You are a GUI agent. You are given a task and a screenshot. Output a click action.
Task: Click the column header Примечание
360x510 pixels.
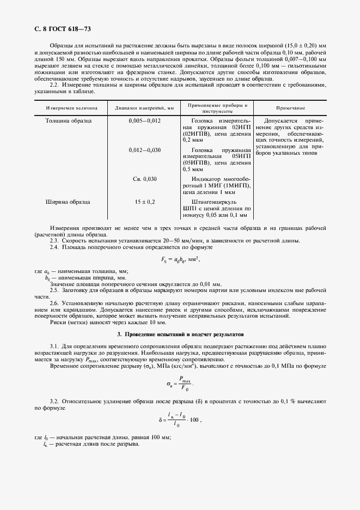tap(290, 108)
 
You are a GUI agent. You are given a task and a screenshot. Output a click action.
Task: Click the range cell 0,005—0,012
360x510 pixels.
tap(144, 120)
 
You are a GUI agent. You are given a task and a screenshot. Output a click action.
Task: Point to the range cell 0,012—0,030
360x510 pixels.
tap(144, 149)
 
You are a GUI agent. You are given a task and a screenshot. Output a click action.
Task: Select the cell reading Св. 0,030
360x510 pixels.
tap(144, 179)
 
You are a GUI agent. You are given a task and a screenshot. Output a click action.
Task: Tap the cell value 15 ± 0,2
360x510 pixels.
tap(144, 202)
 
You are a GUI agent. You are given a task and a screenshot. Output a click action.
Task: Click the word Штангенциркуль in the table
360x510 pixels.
tap(217, 202)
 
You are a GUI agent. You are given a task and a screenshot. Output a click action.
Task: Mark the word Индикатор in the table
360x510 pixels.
tap(210, 179)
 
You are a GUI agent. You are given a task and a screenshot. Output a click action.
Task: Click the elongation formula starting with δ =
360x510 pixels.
tap(180, 420)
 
